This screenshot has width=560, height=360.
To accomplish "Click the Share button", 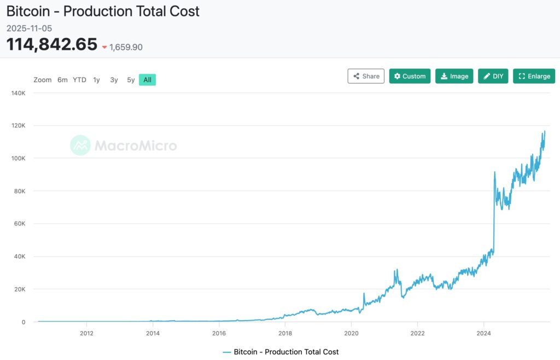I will [x=366, y=76].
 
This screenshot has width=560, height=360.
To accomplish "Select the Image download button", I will [x=454, y=76].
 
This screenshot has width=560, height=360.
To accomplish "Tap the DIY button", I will [x=493, y=76].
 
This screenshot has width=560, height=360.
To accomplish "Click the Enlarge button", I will [x=534, y=76].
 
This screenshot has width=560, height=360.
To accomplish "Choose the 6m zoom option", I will [x=62, y=80].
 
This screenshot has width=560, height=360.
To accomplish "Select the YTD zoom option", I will [x=79, y=80].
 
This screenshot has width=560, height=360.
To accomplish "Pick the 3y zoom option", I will [x=114, y=80].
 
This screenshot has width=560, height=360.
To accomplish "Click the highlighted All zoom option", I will [x=147, y=80].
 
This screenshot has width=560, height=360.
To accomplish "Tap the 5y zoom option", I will [x=131, y=80].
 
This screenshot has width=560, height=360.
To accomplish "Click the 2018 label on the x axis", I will [x=285, y=333].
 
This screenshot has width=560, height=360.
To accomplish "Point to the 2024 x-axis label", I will [x=483, y=333].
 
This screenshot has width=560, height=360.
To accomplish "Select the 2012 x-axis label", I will [x=86, y=333].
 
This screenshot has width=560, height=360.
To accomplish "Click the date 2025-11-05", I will [x=30, y=28].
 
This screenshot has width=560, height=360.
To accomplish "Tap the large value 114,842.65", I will [x=52, y=45].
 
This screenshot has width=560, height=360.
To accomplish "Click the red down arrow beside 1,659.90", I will [x=104, y=48].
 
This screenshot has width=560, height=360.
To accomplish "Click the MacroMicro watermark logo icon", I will [x=80, y=146].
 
